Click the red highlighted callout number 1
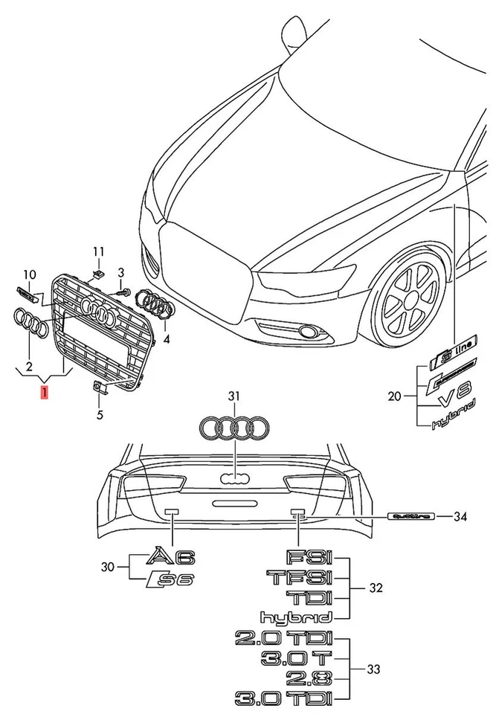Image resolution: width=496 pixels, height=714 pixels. point(45,392)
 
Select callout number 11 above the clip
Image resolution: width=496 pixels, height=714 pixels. point(99,251)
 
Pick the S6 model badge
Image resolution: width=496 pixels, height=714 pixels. point(170,579)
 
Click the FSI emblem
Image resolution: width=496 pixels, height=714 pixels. point(309,557)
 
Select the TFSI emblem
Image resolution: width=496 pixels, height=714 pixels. point(299,577)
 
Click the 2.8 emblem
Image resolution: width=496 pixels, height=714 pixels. point(309,678)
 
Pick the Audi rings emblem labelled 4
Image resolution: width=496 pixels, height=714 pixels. point(155,306)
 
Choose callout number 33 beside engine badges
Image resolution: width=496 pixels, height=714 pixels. point(373,669)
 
